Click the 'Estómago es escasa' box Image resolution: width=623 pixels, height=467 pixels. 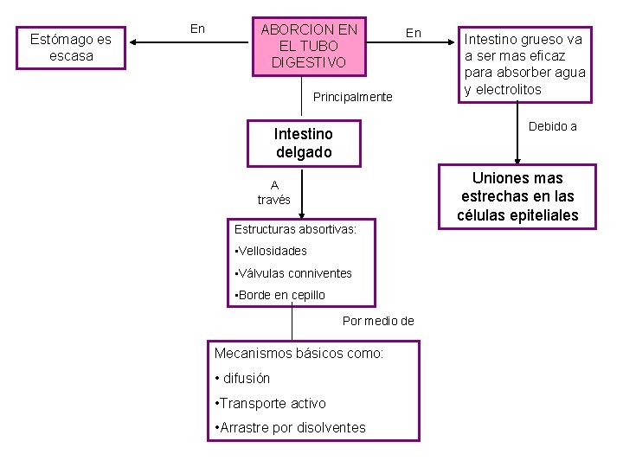coord(71,48)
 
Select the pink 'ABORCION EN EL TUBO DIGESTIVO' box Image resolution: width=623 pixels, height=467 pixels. coord(309,46)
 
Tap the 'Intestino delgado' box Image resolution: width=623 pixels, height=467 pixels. coord(303,144)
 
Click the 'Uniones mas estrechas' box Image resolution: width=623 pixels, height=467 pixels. coord(517,196)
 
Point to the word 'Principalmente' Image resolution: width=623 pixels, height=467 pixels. coord(352,97)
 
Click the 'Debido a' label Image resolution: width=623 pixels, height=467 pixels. coord(552,126)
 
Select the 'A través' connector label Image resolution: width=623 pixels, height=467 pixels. coord(274,192)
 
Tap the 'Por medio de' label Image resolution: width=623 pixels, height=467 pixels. coord(378,321)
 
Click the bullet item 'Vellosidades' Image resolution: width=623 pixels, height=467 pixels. coord(272,251)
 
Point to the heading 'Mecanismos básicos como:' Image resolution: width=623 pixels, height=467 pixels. coord(299,353)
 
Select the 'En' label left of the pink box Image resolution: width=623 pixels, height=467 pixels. coord(197,29)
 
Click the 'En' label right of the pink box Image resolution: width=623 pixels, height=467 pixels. coord(414,33)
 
